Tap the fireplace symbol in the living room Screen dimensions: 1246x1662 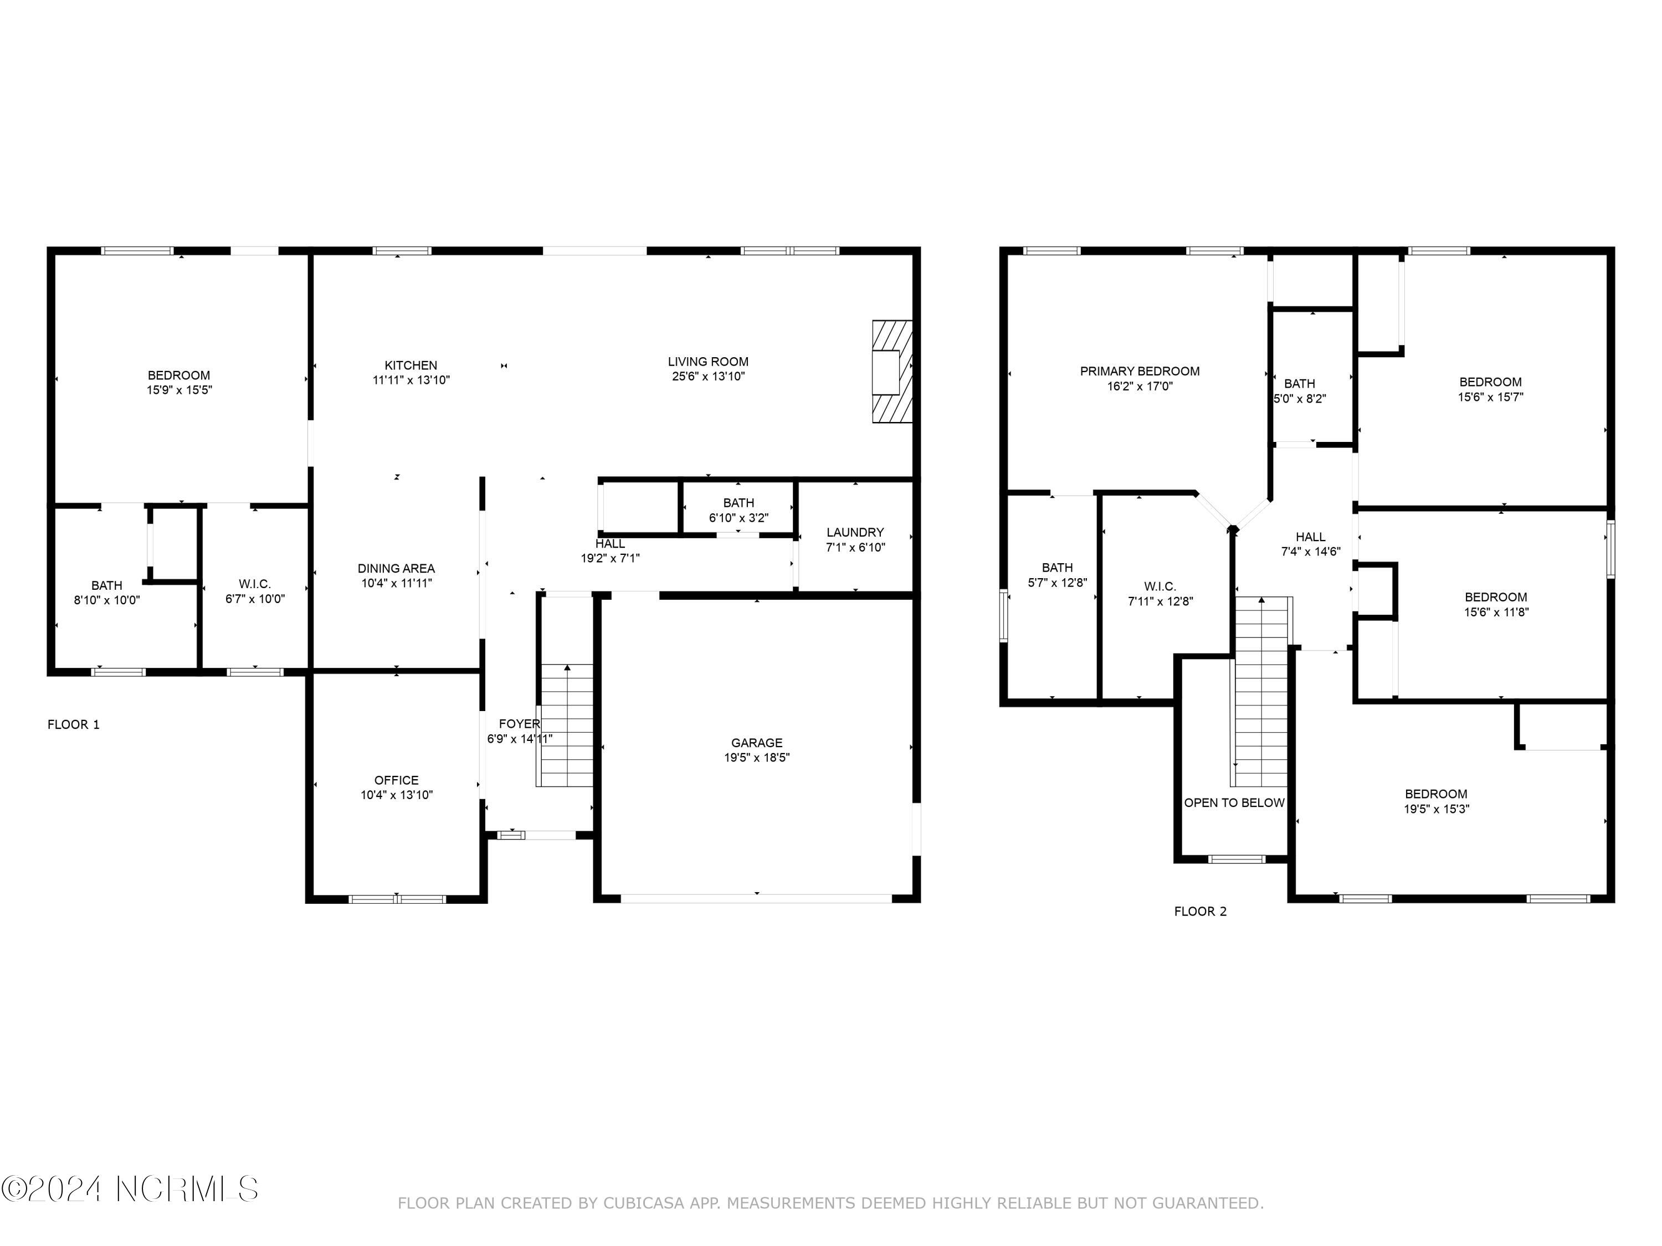(x=892, y=372)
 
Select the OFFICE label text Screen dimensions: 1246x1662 (x=396, y=780)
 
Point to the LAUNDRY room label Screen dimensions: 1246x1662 (x=854, y=532)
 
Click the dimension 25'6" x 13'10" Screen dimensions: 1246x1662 (x=708, y=376)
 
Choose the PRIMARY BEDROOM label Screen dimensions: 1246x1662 (x=1139, y=371)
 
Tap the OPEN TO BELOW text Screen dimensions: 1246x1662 (x=1234, y=802)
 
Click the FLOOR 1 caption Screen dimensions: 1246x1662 (x=74, y=724)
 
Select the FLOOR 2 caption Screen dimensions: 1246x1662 (x=1200, y=911)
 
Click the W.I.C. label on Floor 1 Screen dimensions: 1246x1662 (x=255, y=584)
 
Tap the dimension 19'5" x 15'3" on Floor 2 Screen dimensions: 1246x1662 (x=1436, y=809)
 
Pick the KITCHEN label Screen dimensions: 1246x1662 (x=411, y=365)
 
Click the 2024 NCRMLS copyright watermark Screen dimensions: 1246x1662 (x=129, y=1189)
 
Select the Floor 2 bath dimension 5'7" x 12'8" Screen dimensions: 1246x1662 (x=1056, y=582)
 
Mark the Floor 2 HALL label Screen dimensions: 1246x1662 (x=1310, y=536)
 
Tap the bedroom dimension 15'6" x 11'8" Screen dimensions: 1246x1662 (x=1495, y=611)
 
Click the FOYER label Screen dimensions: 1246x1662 (x=519, y=723)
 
